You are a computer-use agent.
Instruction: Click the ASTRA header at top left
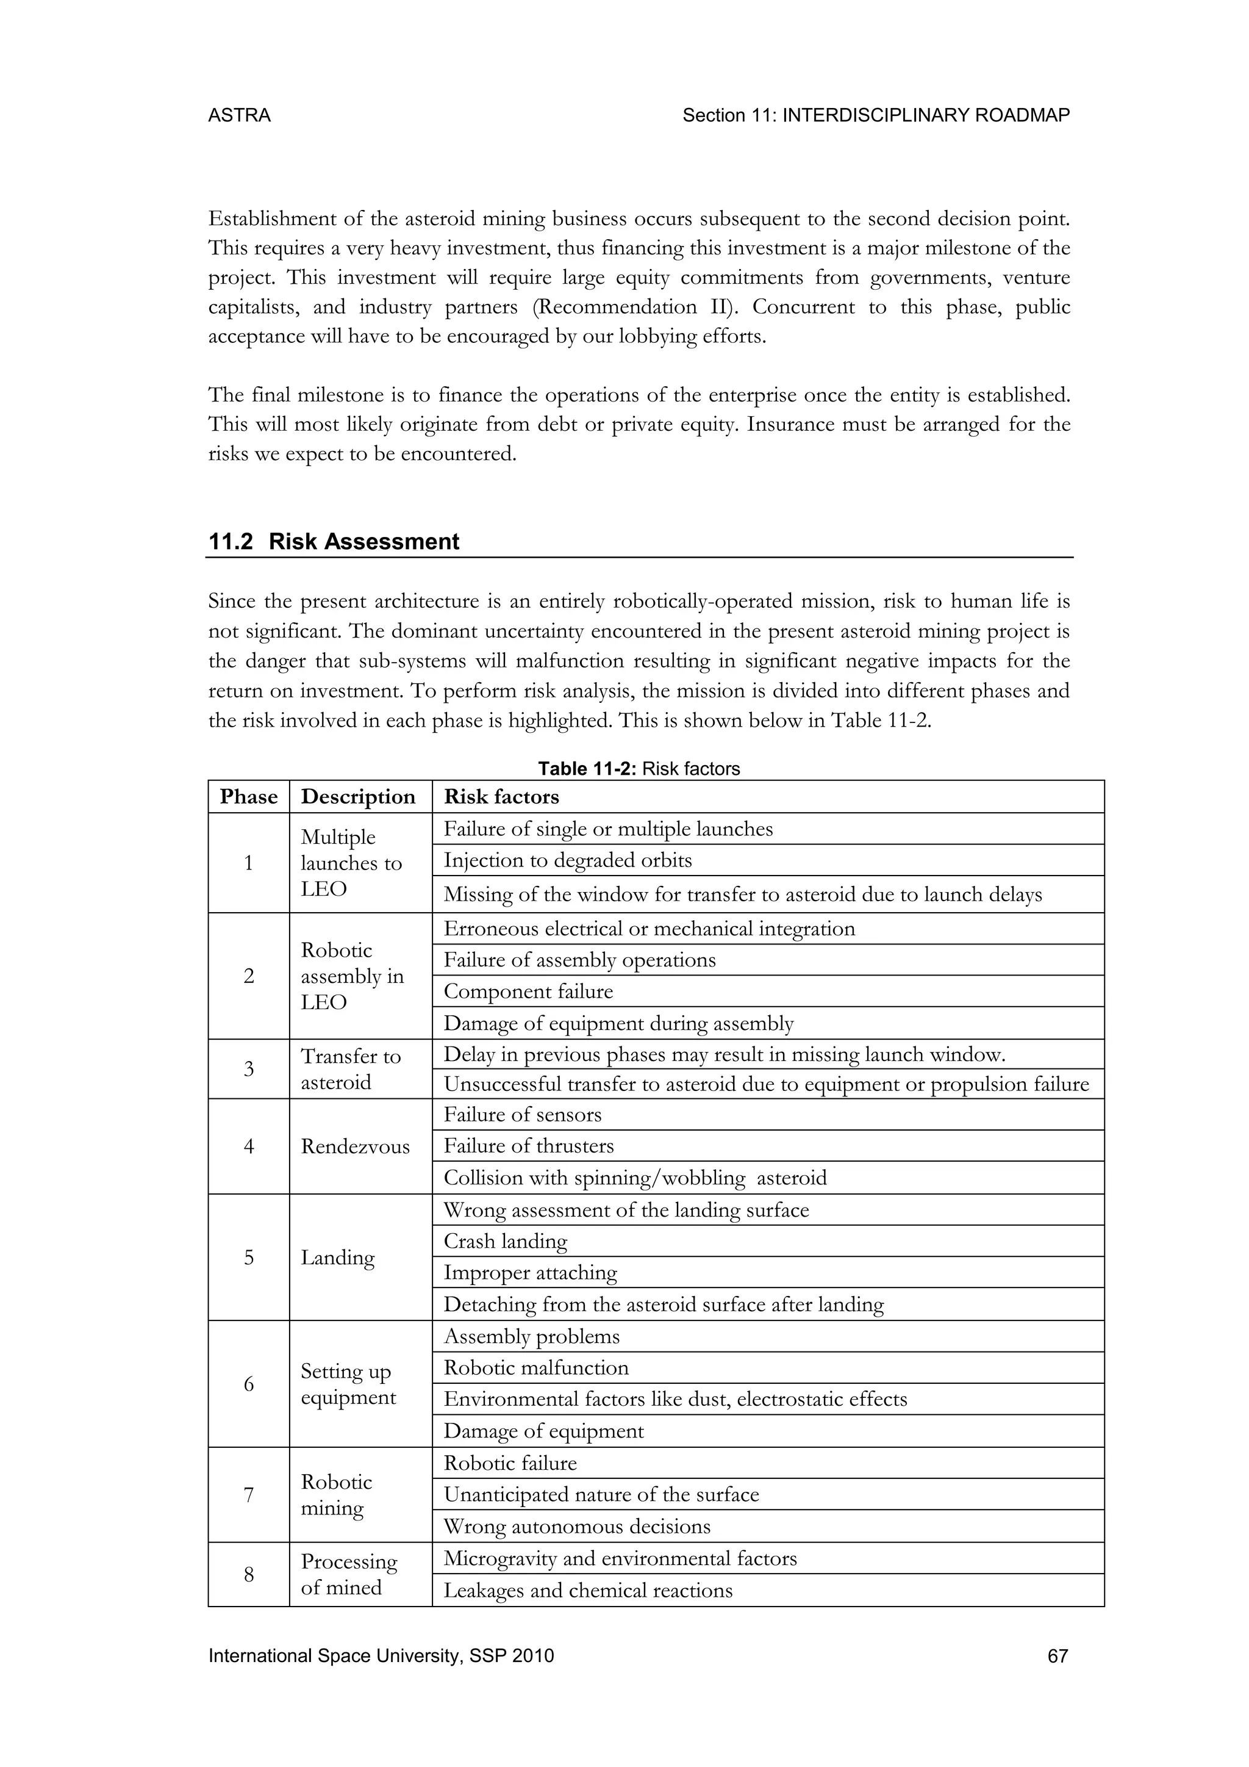click(239, 115)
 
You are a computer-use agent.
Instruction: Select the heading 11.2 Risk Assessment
click(333, 542)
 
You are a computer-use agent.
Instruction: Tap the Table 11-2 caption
click(639, 769)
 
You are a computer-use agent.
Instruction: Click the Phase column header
click(248, 796)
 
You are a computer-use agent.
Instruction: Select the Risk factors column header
click(501, 796)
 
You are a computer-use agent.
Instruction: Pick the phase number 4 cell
click(248, 1146)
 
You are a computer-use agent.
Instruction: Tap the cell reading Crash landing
click(506, 1242)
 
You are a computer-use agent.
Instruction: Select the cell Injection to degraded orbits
click(568, 860)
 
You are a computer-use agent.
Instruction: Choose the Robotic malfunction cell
click(536, 1367)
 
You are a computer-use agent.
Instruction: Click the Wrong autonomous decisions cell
click(577, 1526)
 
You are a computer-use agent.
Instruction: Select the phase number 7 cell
click(248, 1494)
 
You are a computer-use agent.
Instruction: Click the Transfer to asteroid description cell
click(351, 1069)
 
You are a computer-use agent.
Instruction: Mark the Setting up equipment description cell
click(348, 1384)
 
